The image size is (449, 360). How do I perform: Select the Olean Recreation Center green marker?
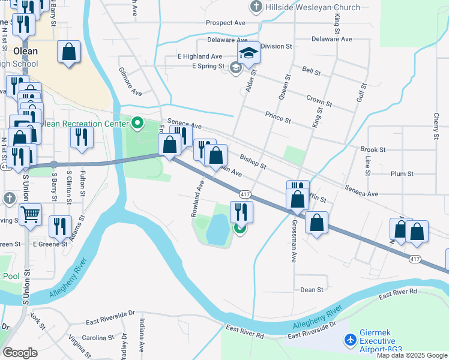point(137,124)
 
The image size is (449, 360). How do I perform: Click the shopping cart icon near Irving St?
point(30,213)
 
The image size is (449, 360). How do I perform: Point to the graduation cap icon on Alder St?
point(249,52)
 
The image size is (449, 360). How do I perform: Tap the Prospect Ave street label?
point(226,23)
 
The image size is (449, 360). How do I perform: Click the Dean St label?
point(312,290)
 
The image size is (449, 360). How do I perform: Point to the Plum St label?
point(402,173)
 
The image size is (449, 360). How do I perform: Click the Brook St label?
point(373,149)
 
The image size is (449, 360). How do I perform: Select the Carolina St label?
point(98,338)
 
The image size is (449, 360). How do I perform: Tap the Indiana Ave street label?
point(142,339)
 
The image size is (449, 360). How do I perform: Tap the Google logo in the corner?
point(20,353)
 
